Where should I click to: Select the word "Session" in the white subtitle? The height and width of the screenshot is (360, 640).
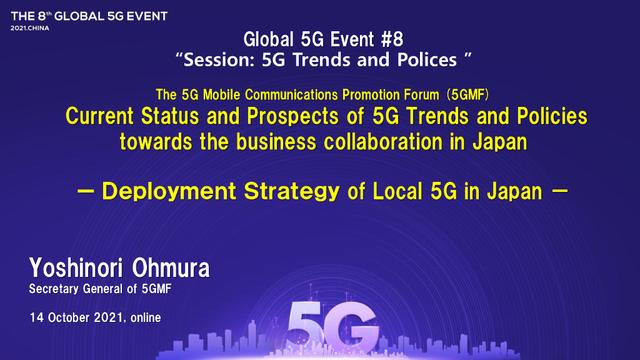click(x=221, y=60)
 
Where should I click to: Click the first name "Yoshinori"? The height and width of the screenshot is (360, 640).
click(x=77, y=269)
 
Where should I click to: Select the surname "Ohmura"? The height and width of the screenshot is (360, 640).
click(x=171, y=269)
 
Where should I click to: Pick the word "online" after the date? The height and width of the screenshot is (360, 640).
click(x=145, y=318)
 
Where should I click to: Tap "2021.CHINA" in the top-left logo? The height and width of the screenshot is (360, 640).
click(x=30, y=29)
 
